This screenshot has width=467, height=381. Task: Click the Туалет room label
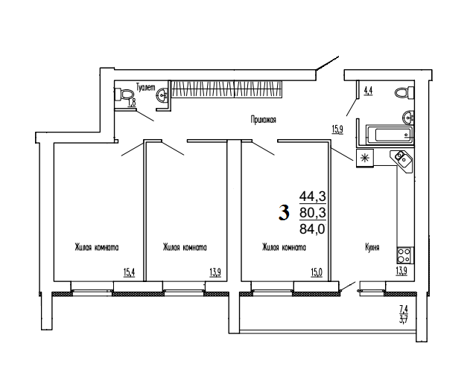[146, 87]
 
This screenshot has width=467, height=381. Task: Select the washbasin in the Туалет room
[162, 95]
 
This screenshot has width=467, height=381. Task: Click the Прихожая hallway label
[263, 120]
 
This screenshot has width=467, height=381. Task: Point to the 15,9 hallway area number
[337, 129]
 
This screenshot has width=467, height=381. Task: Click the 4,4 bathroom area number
[369, 91]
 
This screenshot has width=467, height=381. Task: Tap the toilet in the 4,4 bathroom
[404, 92]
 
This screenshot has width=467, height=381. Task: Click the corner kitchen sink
[401, 160]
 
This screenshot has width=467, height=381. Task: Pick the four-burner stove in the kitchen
[405, 255]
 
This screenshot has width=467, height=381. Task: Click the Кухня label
[372, 247]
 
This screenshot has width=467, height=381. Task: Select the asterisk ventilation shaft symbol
[365, 158]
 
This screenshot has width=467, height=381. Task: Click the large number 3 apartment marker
[284, 213]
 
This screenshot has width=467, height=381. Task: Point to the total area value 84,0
[312, 229]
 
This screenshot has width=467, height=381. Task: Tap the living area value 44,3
[312, 196]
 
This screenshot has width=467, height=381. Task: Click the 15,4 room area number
[130, 272]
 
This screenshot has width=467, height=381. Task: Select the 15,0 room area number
[317, 272]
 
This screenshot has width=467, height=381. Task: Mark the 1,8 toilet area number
[132, 103]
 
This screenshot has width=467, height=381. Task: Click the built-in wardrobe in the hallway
[226, 89]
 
